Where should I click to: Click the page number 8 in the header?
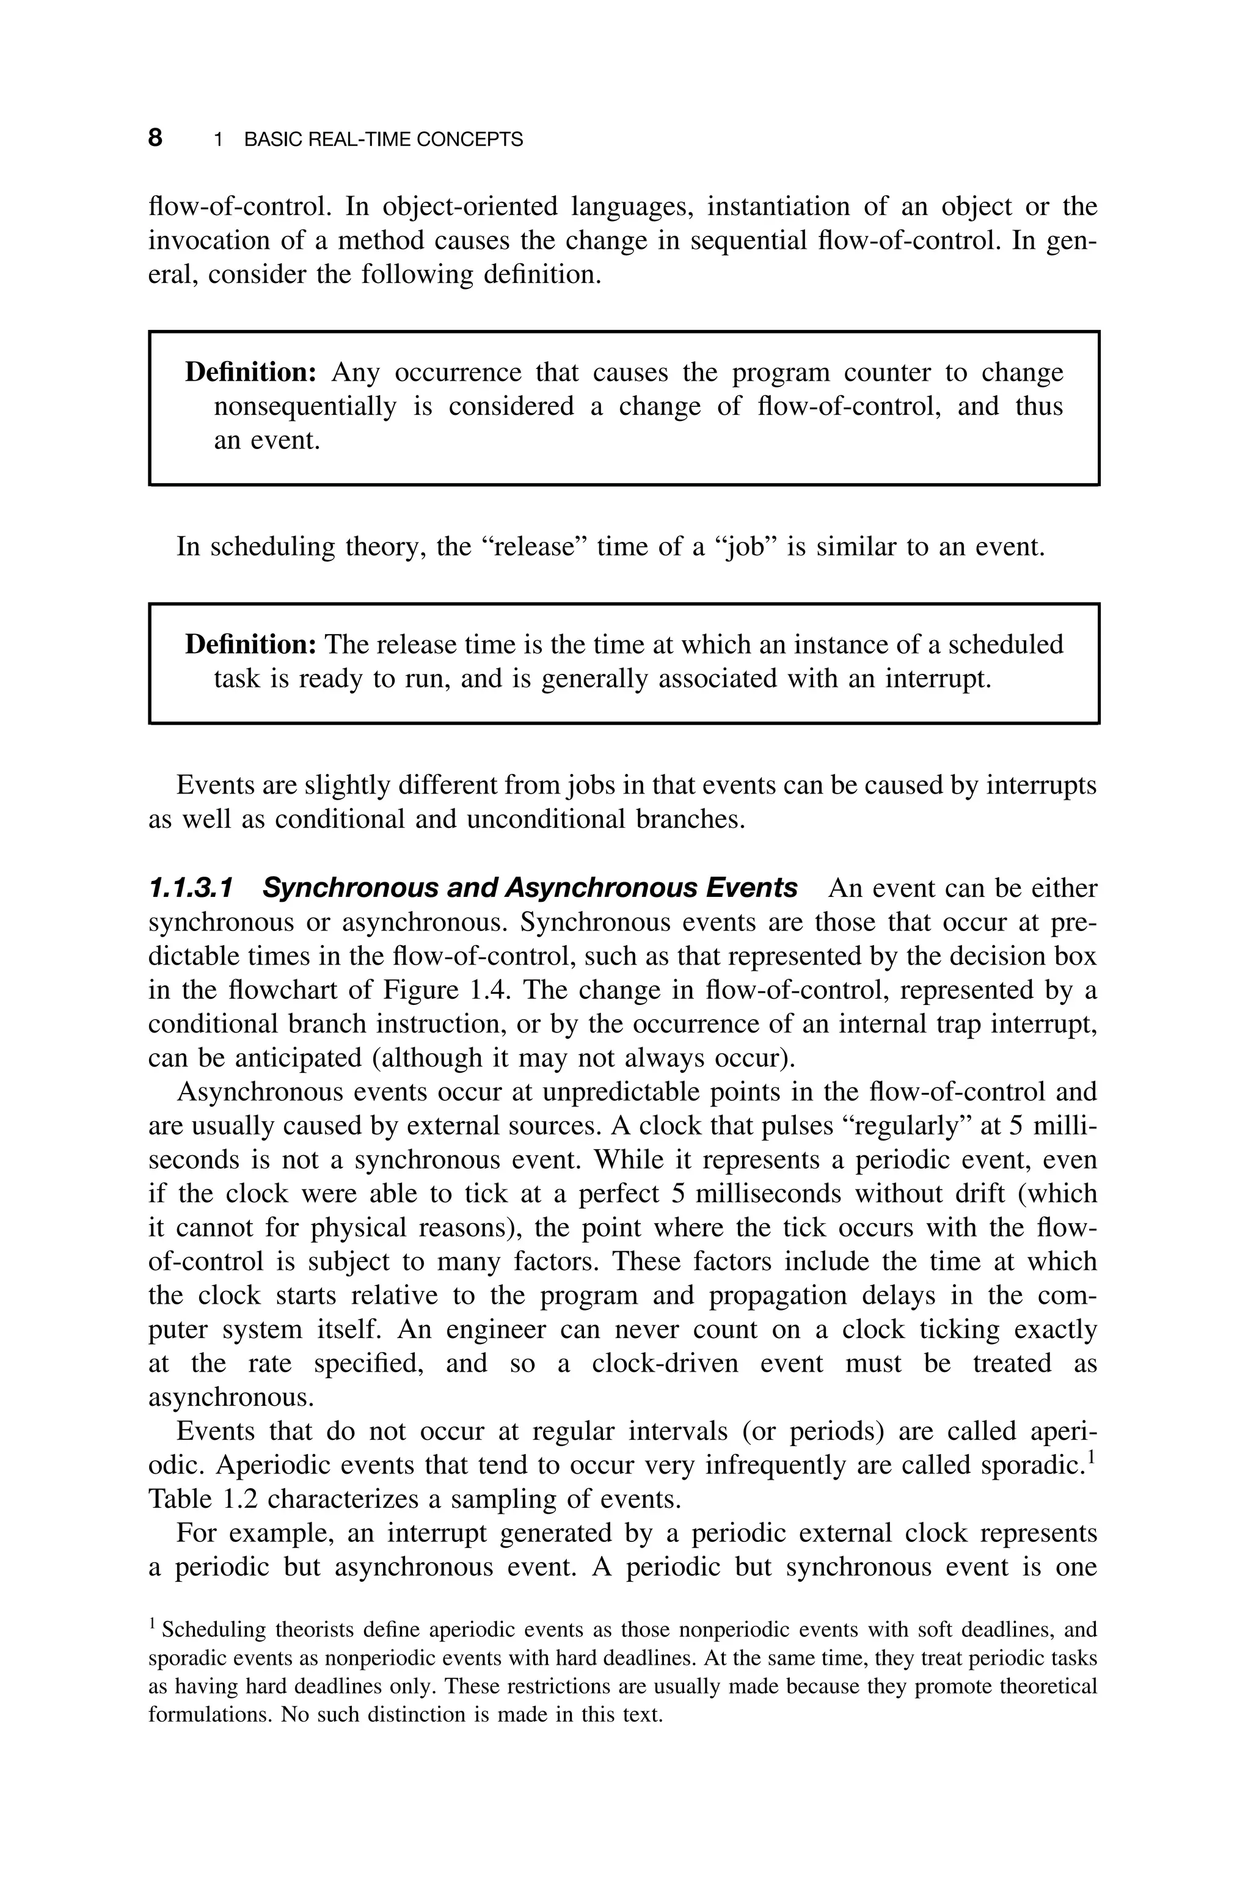click(x=156, y=138)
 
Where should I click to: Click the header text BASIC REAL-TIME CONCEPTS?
click(x=383, y=140)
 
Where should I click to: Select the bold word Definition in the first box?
click(x=251, y=373)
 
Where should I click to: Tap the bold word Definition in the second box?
click(x=251, y=645)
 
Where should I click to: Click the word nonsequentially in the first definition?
click(x=305, y=407)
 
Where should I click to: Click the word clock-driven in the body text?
click(x=665, y=1364)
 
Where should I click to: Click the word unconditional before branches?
click(x=545, y=819)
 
